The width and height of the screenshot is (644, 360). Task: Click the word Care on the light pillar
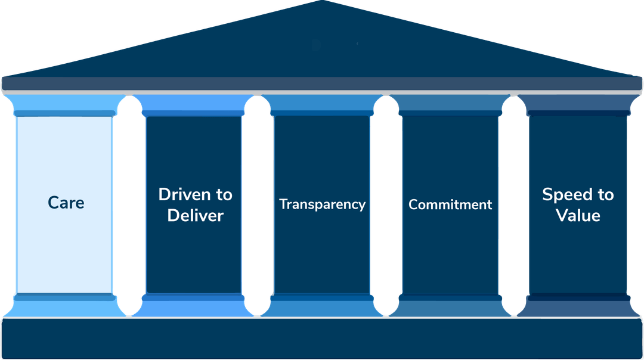coord(66,203)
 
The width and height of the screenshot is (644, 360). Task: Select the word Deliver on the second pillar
coord(195,215)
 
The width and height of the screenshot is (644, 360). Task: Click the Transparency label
coord(322,204)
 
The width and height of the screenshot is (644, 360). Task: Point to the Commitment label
coord(450,204)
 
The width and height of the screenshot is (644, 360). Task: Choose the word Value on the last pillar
coord(578,215)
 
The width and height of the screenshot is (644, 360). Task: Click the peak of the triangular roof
coord(322,2)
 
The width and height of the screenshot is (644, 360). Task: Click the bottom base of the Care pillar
coord(64,305)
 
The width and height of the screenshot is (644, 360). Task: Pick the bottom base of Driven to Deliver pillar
coord(194,305)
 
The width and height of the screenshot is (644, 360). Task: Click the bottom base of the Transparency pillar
coord(322,305)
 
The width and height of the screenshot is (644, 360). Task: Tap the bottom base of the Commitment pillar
coord(450,305)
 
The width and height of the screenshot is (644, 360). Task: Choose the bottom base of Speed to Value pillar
coord(578,305)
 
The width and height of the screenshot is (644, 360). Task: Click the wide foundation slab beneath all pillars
coord(322,339)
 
